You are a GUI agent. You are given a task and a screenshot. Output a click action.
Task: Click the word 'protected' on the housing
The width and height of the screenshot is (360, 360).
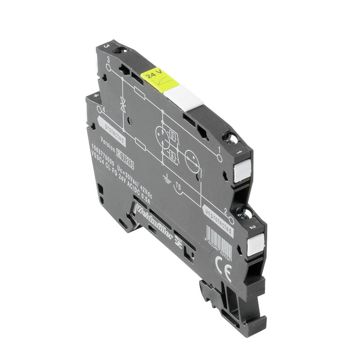[x=111, y=131]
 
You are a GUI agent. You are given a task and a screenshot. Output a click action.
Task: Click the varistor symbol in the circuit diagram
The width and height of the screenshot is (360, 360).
[x=123, y=103]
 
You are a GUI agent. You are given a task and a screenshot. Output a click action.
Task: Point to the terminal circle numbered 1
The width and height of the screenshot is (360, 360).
[x=219, y=158]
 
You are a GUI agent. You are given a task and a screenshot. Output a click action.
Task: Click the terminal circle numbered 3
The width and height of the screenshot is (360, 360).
[x=108, y=67]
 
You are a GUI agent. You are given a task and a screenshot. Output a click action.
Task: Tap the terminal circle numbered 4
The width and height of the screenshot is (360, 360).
[x=99, y=109]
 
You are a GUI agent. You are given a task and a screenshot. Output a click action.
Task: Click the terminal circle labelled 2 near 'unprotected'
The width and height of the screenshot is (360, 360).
[x=231, y=220]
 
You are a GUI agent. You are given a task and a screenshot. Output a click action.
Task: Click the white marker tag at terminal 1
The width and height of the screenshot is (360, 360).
[x=242, y=171]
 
